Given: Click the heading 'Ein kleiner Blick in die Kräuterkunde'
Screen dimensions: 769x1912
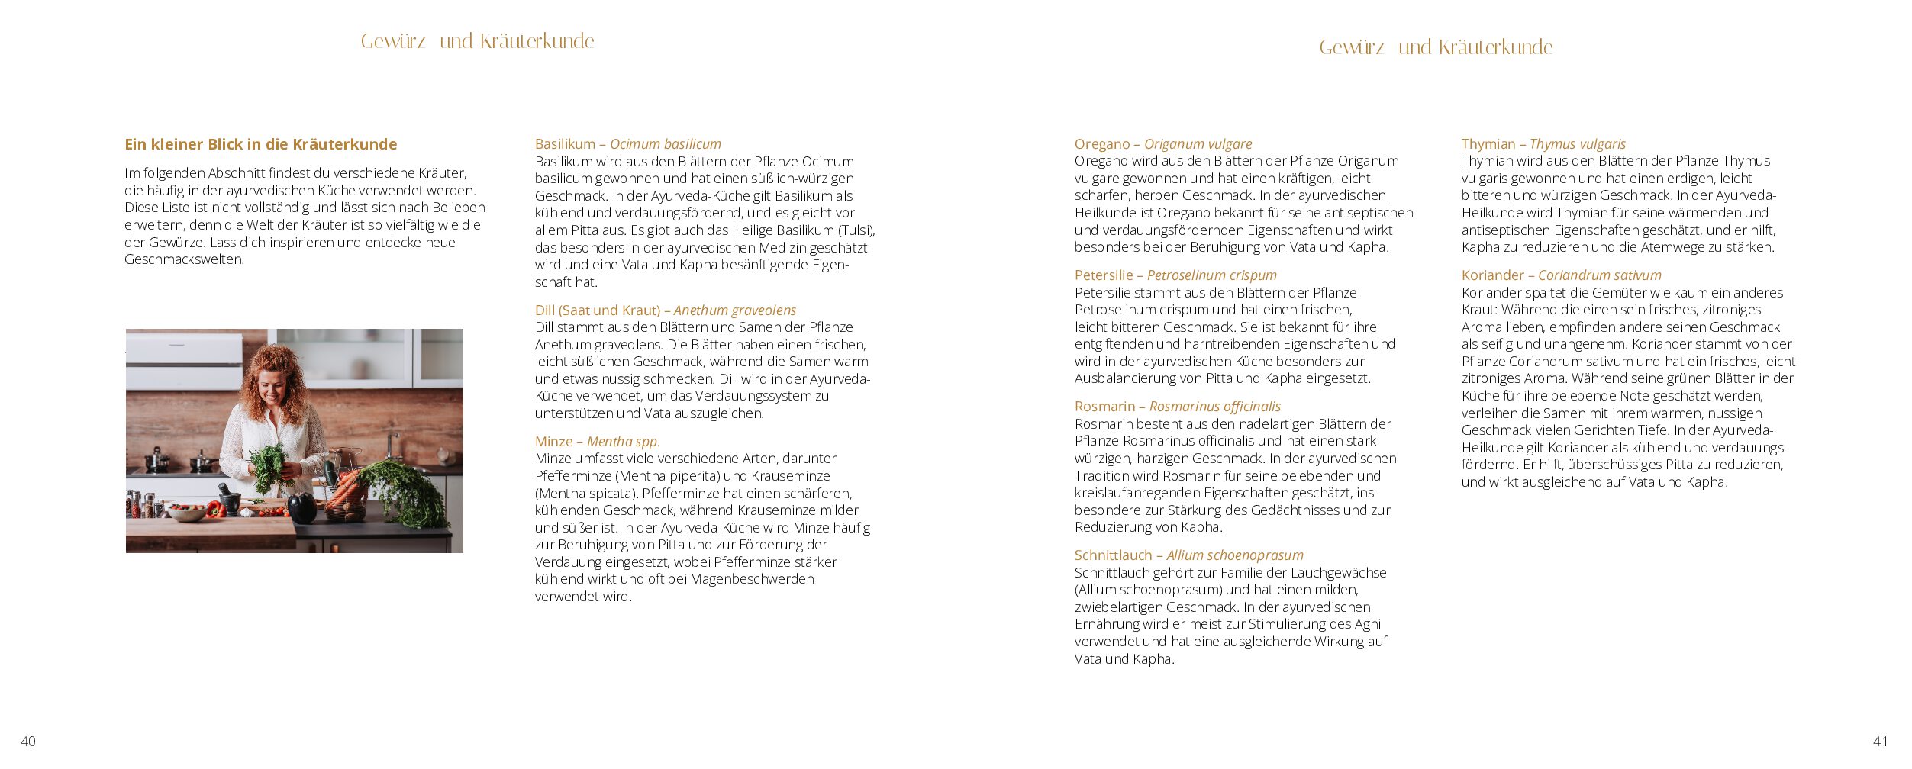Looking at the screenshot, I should point(260,144).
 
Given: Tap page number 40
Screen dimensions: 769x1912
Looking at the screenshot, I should point(28,741).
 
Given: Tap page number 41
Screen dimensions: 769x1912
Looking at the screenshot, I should point(1881,741).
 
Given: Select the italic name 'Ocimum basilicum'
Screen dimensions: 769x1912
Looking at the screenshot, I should point(665,144).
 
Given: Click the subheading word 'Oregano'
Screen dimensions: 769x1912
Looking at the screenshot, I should point(1101,144).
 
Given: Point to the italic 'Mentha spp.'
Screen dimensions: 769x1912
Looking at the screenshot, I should point(624,442).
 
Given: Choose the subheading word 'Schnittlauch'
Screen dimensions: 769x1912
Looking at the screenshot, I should point(1113,555).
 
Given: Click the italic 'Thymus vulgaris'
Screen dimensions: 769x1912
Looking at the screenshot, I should point(1578,144).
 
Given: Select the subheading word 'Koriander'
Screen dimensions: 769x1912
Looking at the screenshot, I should point(1492,275).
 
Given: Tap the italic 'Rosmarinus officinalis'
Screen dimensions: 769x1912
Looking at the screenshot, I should point(1214,407).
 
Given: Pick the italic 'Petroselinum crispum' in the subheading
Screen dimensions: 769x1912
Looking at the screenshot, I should point(1211,275).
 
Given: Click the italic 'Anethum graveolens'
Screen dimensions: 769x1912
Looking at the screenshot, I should point(734,310).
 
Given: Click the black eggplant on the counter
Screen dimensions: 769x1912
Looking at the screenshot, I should point(302,507).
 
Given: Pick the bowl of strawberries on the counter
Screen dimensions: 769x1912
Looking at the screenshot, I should point(185,512).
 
